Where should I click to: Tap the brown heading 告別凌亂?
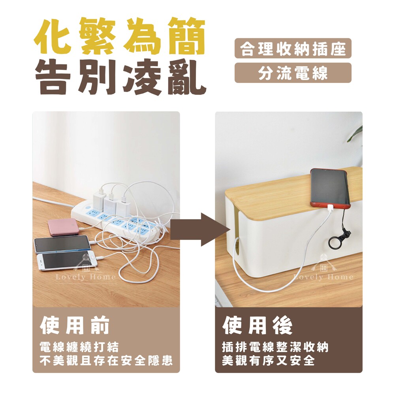click(x=120, y=77)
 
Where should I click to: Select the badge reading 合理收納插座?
click(x=293, y=48)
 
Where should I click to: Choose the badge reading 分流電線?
click(x=293, y=73)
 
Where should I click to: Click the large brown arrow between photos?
click(x=201, y=229)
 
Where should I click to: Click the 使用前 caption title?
click(x=75, y=325)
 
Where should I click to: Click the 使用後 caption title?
click(x=257, y=325)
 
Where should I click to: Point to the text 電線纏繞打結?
click(x=79, y=347)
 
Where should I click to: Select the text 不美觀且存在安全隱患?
click(x=106, y=361)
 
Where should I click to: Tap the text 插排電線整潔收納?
click(x=275, y=347)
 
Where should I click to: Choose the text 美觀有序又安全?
click(x=269, y=361)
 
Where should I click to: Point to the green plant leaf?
click(x=355, y=134)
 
